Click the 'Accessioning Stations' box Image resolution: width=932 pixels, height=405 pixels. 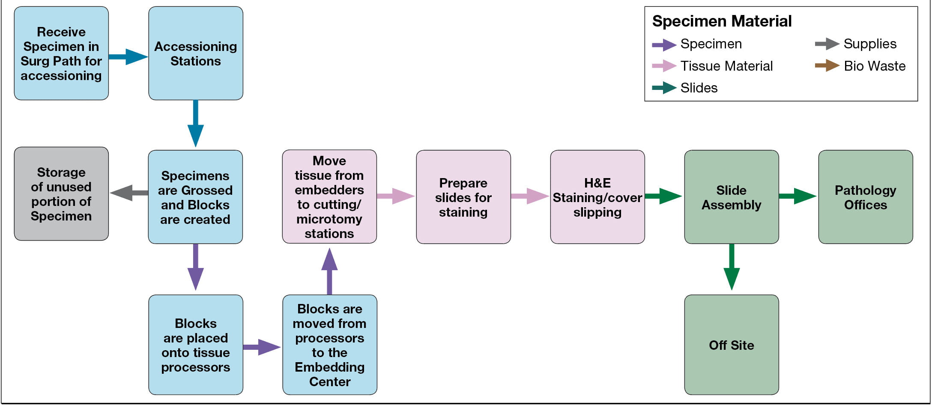(x=196, y=53)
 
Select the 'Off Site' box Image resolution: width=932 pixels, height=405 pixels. (x=732, y=345)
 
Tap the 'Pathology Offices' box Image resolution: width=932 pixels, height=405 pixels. (x=866, y=197)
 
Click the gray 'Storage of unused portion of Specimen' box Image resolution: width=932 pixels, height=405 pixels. (x=61, y=194)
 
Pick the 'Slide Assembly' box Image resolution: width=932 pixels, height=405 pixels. (x=732, y=197)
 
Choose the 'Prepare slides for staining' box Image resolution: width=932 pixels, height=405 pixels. (x=463, y=197)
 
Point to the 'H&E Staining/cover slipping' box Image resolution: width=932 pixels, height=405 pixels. (x=597, y=197)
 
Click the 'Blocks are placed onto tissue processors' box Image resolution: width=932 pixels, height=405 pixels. (x=196, y=345)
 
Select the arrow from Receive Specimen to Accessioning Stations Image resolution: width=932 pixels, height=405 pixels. (x=128, y=57)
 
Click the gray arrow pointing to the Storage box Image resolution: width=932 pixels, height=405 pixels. (x=129, y=193)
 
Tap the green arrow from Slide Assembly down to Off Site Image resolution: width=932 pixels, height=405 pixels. (x=732, y=267)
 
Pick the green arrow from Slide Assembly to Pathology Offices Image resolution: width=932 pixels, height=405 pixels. (x=798, y=196)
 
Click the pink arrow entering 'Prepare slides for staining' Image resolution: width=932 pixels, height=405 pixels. (x=396, y=196)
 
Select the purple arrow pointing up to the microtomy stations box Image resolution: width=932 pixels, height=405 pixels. (x=329, y=271)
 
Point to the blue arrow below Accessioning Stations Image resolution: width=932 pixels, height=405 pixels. (x=196, y=124)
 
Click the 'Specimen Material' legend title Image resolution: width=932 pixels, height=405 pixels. (x=722, y=21)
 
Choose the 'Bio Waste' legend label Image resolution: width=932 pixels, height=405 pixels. (x=875, y=66)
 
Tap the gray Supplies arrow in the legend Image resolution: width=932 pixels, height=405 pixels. (x=827, y=44)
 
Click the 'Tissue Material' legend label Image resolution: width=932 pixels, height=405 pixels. (x=726, y=66)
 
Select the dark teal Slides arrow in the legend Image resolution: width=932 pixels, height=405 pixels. (x=664, y=88)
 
